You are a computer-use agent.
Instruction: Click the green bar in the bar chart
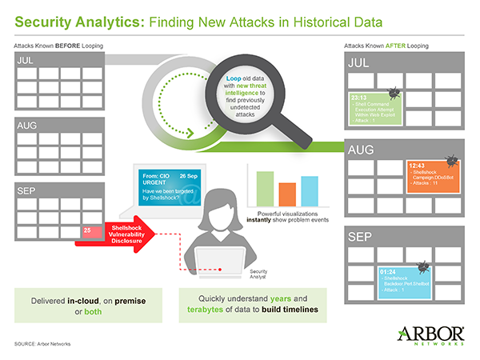coord(265,190)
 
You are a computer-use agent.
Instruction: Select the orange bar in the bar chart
coord(287,195)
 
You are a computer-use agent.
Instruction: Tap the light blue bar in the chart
coord(310,192)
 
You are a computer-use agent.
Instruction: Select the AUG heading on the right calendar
coord(359,149)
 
